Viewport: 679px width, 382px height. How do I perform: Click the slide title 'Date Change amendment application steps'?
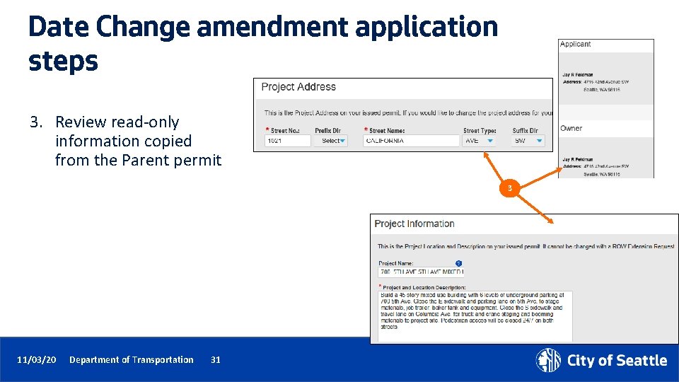pos(262,44)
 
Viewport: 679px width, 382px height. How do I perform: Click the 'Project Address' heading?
pos(298,87)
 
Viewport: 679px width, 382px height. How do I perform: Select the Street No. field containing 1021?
pos(287,141)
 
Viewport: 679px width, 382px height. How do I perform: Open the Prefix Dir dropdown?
pos(331,141)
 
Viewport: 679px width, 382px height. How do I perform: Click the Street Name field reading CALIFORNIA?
pos(411,141)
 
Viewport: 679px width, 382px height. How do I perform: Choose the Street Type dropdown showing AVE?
pos(479,141)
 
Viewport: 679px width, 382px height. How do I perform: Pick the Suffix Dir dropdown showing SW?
pos(528,141)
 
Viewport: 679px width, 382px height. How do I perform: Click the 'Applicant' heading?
pos(575,44)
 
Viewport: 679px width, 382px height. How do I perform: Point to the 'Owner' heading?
pos(571,128)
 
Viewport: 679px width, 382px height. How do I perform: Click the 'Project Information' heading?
pos(414,224)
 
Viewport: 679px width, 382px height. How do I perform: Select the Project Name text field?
pos(421,272)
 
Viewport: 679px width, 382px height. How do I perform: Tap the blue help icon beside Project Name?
pos(458,263)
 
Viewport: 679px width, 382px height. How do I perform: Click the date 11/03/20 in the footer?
pos(37,360)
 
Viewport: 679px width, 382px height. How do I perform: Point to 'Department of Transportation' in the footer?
pos(131,360)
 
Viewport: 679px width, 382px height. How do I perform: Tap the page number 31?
pos(216,360)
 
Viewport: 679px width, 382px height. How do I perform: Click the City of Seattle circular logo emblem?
pos(548,360)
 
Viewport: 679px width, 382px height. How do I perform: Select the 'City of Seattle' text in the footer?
pos(617,361)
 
